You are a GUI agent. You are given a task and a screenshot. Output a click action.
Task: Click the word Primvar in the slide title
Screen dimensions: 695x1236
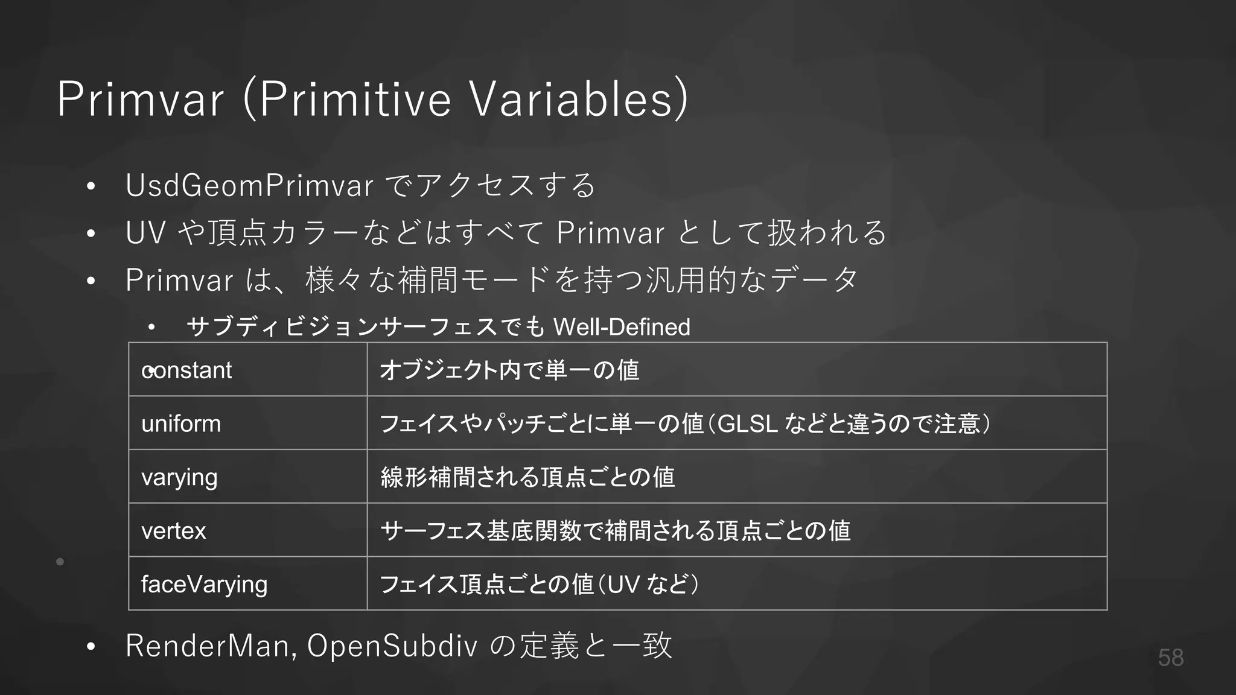tap(140, 99)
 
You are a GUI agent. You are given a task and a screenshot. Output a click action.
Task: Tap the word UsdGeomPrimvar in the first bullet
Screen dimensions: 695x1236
tap(249, 185)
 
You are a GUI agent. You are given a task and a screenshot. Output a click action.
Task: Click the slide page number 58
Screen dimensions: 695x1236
tap(1170, 658)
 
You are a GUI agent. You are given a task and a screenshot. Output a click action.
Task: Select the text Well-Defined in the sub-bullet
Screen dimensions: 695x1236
tap(622, 327)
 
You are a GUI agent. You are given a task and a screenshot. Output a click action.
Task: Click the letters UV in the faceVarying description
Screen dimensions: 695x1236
tap(623, 584)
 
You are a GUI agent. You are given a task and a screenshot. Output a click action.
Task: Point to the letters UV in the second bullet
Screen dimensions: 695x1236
tap(145, 233)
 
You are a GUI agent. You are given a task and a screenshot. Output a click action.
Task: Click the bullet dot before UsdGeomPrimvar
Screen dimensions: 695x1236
tap(91, 186)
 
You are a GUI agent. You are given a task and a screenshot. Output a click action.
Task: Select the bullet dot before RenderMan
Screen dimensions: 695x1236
tap(91, 647)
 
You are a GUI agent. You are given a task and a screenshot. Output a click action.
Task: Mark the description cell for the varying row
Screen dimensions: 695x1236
tap(736, 477)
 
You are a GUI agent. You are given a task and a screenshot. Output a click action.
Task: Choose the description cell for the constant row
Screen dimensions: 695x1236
tap(736, 370)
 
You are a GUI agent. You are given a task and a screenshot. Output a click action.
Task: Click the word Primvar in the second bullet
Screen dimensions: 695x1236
tap(610, 233)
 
